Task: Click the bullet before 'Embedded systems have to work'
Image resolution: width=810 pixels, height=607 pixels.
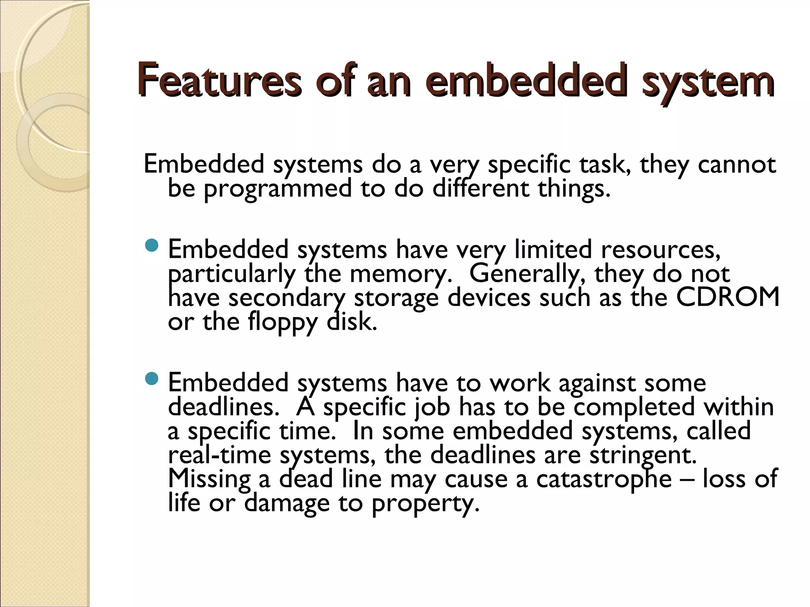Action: click(x=151, y=380)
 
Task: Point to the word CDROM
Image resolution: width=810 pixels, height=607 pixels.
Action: click(x=727, y=297)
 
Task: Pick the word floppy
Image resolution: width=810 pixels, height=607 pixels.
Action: click(x=282, y=322)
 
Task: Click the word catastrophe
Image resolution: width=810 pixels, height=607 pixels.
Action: click(x=604, y=479)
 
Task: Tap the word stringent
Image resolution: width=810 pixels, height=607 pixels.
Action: click(x=643, y=455)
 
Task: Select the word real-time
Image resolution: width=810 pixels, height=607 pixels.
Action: click(x=220, y=455)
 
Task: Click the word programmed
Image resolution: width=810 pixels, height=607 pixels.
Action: click(x=277, y=189)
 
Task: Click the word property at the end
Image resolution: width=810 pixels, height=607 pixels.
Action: click(x=425, y=503)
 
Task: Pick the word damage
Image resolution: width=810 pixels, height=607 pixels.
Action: click(x=287, y=503)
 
